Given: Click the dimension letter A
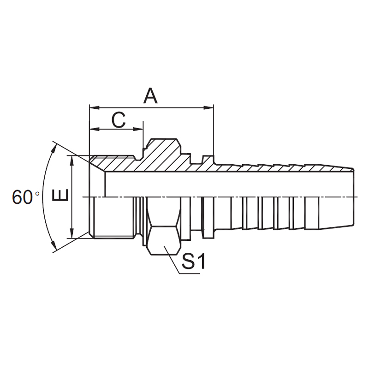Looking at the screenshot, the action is pyautogui.click(x=150, y=95).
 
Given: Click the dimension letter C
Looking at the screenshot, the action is pyautogui.click(x=119, y=119).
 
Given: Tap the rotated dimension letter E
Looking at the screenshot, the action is pyautogui.click(x=60, y=195).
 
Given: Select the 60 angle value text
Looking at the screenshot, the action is pyautogui.click(x=22, y=197).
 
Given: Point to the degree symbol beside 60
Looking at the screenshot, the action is pyautogui.click(x=37, y=194).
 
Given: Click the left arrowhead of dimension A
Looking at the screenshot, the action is pyautogui.click(x=95, y=108).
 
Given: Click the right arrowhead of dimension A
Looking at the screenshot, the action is pyautogui.click(x=208, y=108).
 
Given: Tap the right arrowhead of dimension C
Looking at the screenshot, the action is pyautogui.click(x=138, y=129).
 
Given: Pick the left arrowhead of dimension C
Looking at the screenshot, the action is pyautogui.click(x=95, y=129).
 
